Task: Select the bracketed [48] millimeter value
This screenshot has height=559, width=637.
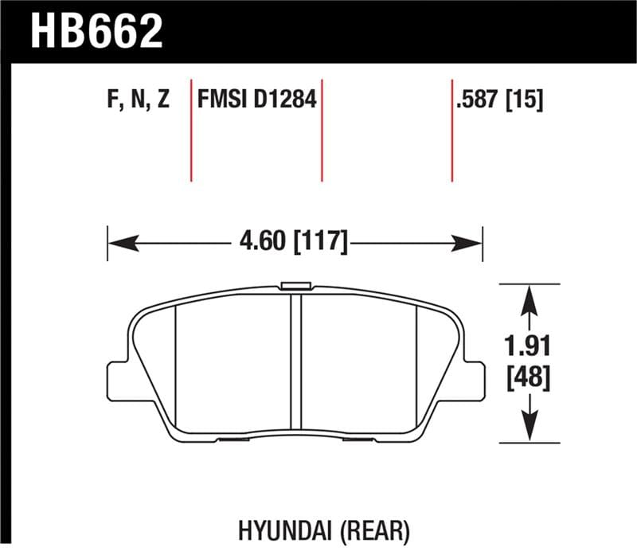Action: click(526, 378)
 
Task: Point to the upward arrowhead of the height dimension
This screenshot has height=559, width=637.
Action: click(526, 299)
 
